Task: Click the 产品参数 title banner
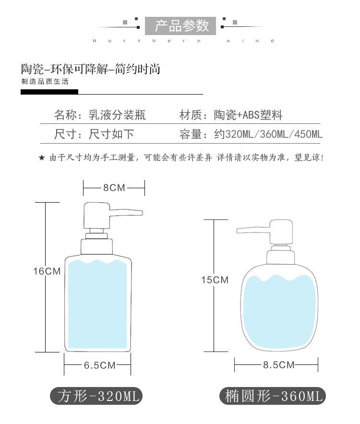[180, 26]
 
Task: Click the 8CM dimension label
[114, 188]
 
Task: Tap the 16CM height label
[47, 271]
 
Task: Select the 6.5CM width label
[100, 365]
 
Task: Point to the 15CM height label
[215, 280]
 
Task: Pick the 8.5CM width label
[279, 365]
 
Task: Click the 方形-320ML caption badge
[96, 396]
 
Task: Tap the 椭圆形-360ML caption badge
[273, 396]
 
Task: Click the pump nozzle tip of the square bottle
[141, 213]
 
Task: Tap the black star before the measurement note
[42, 157]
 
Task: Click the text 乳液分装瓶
[117, 115]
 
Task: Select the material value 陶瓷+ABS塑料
[248, 115]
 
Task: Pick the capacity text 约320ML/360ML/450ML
[268, 134]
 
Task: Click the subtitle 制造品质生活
[45, 82]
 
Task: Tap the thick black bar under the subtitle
[49, 92]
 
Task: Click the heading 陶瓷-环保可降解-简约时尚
[91, 69]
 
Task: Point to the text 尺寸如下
[111, 134]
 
